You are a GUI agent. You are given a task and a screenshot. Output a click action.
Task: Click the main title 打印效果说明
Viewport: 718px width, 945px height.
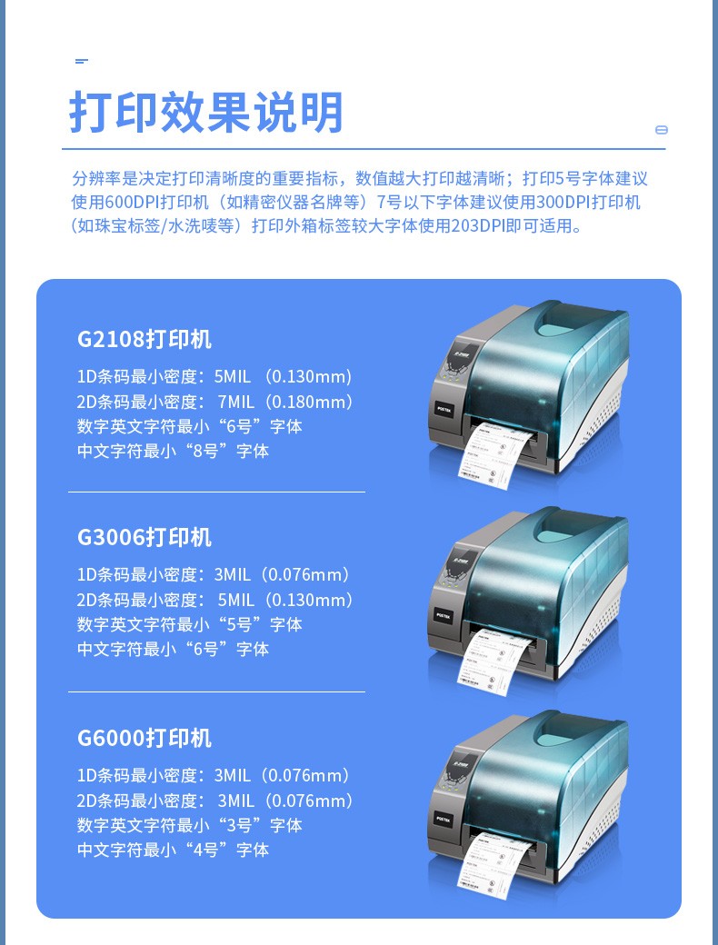point(206,112)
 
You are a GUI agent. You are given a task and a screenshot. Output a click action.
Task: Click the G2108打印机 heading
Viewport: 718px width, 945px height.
point(145,339)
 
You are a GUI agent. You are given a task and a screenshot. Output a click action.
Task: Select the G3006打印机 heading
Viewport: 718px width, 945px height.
point(145,537)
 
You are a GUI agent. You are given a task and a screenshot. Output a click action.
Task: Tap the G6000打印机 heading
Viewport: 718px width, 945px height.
point(145,738)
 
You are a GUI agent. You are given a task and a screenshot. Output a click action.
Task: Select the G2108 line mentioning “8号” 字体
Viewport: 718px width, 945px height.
point(173,451)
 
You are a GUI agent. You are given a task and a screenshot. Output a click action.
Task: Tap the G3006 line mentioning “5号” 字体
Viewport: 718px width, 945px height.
point(189,624)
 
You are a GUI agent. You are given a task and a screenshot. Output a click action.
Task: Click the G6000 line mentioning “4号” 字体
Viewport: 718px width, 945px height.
point(173,850)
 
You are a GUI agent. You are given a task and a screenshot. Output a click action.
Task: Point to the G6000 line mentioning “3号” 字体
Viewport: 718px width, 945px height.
point(189,825)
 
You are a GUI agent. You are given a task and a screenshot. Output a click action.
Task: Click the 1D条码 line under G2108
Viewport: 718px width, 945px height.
point(214,377)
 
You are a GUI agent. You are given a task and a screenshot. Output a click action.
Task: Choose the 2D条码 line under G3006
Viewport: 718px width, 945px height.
point(215,601)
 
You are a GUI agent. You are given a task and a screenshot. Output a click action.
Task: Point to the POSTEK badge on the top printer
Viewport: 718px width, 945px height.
point(442,409)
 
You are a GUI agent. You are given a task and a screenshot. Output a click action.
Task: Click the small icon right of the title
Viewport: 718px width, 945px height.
point(662,130)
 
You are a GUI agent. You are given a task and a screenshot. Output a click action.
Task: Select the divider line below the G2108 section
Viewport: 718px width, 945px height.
point(216,492)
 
